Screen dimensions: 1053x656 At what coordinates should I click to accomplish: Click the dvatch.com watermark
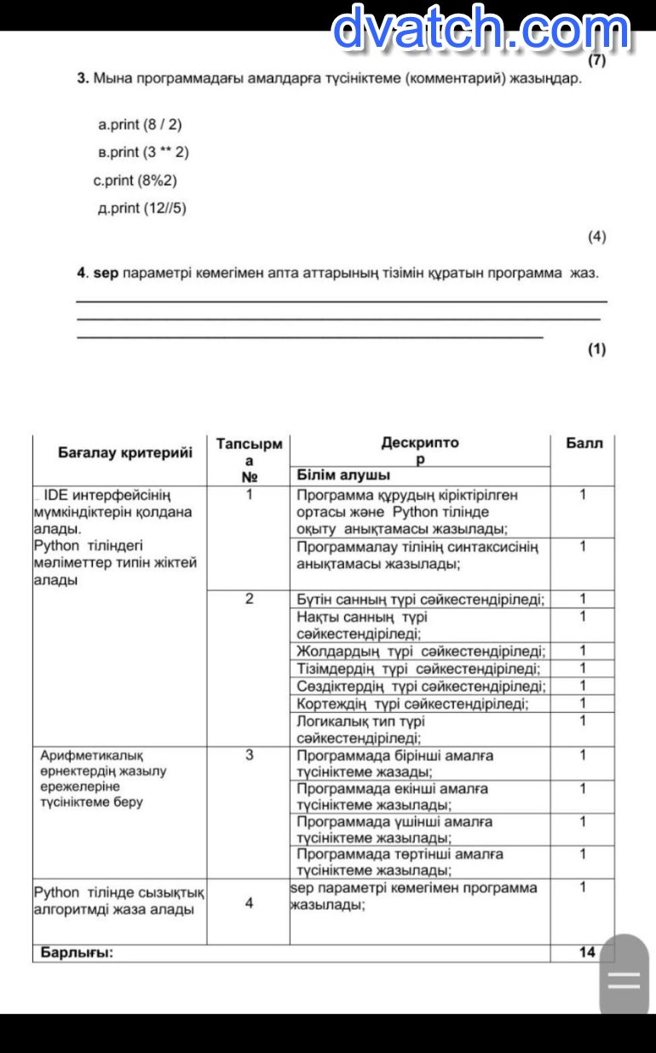click(x=480, y=29)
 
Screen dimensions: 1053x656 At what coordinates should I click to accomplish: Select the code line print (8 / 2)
click(x=141, y=124)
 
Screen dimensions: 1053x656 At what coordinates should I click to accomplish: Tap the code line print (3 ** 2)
click(x=144, y=152)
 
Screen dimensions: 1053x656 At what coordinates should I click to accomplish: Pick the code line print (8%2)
click(x=135, y=181)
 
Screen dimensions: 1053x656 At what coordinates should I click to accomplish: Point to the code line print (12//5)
click(x=142, y=209)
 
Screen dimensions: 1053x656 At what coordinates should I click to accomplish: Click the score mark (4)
click(x=596, y=236)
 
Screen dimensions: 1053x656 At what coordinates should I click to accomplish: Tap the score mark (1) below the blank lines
click(x=596, y=348)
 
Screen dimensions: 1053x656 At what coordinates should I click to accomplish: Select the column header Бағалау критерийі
click(x=125, y=452)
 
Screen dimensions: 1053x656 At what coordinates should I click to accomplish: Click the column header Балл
click(x=584, y=443)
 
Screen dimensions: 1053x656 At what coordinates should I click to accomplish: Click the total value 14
click(x=587, y=952)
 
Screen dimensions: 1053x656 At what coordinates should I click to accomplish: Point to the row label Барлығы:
click(x=77, y=952)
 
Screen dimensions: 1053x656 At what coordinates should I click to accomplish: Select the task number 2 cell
click(x=249, y=598)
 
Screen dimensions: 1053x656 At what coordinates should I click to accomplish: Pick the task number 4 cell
click(x=249, y=903)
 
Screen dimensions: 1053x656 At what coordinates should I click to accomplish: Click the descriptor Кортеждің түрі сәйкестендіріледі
click(x=412, y=704)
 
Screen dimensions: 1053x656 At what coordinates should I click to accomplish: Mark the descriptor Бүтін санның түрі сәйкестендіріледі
click(x=421, y=599)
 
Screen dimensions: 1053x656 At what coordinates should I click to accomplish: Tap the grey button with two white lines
click(x=624, y=980)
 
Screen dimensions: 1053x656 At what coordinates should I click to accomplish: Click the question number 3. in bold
click(x=83, y=78)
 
